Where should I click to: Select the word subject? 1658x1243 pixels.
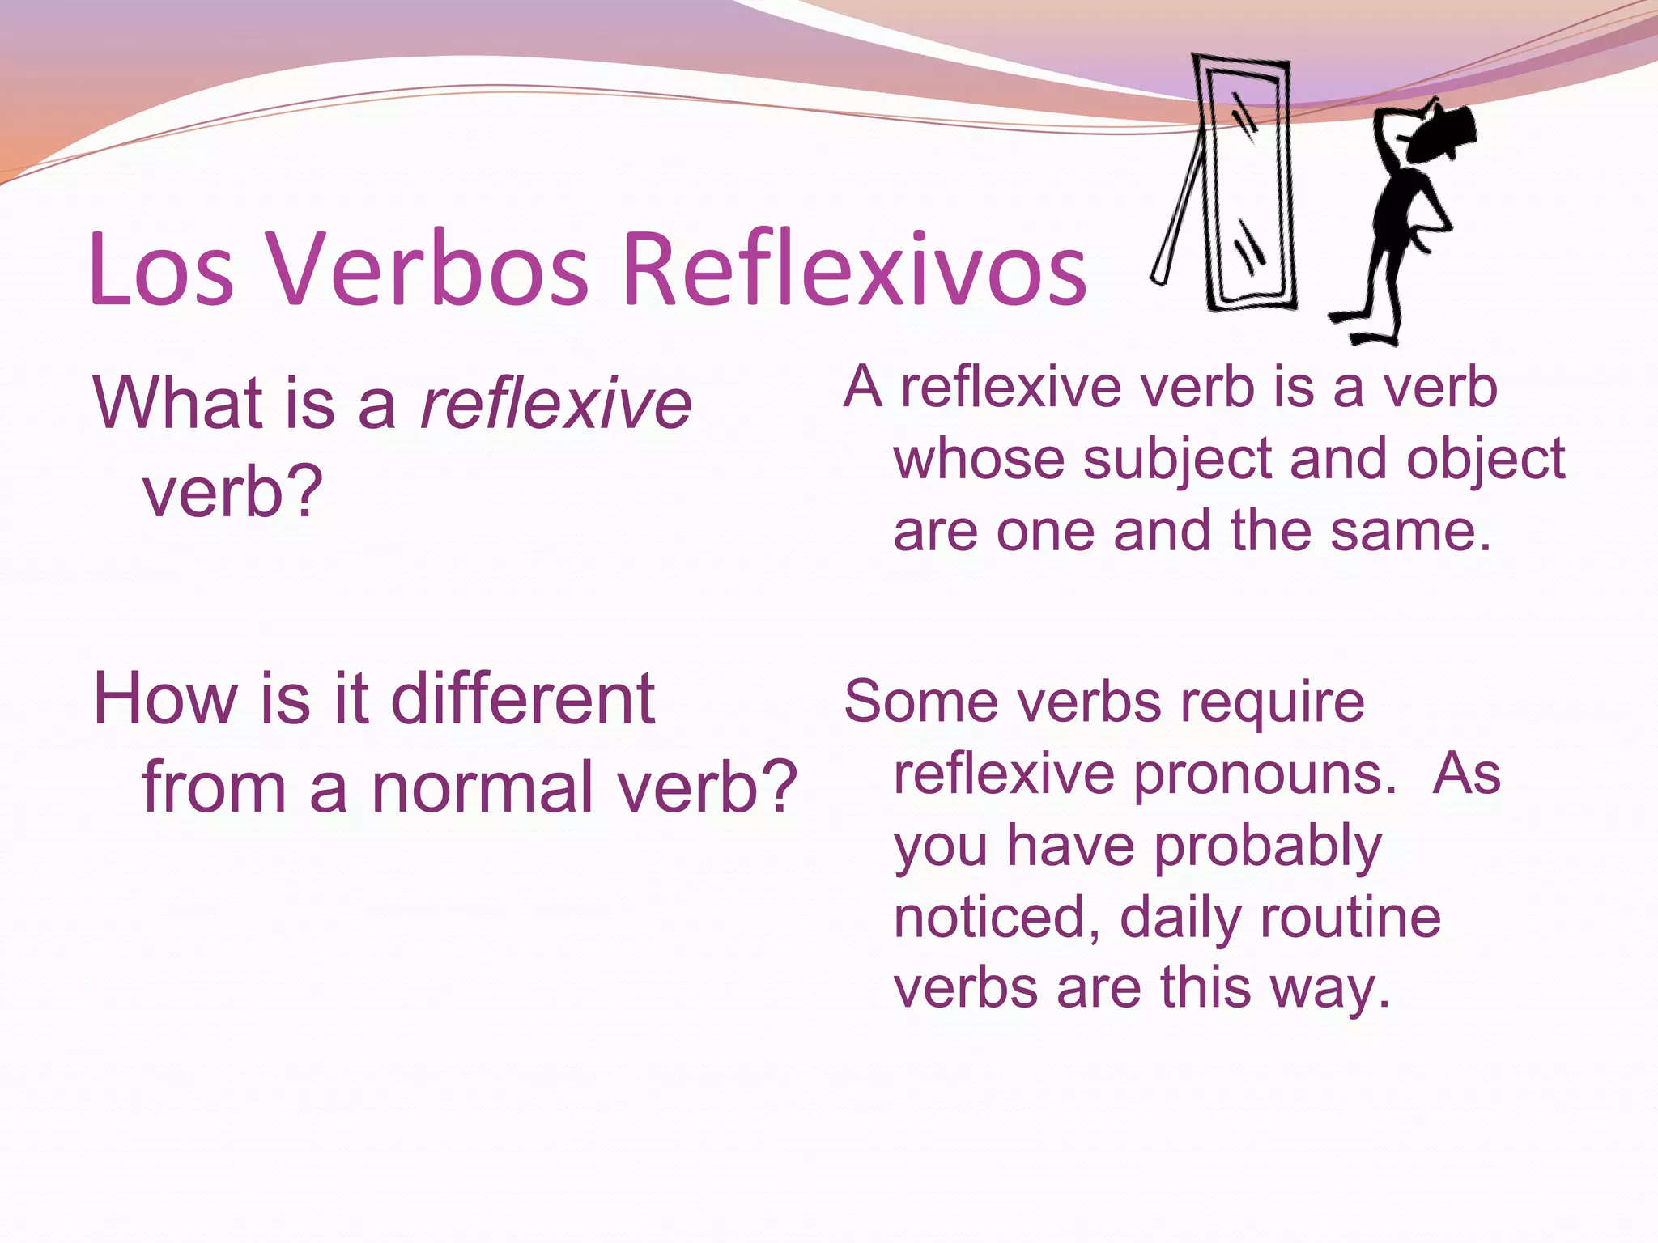click(x=1177, y=460)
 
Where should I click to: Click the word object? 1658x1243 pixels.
click(x=1485, y=460)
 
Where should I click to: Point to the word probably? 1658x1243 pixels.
click(x=1267, y=846)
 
